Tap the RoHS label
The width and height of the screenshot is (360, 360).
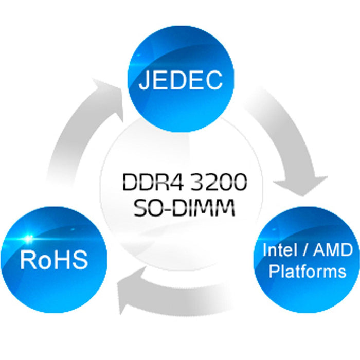54,260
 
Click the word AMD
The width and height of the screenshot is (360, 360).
334,251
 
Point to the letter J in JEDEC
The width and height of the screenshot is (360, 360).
145,80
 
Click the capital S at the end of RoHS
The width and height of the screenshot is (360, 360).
80,260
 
